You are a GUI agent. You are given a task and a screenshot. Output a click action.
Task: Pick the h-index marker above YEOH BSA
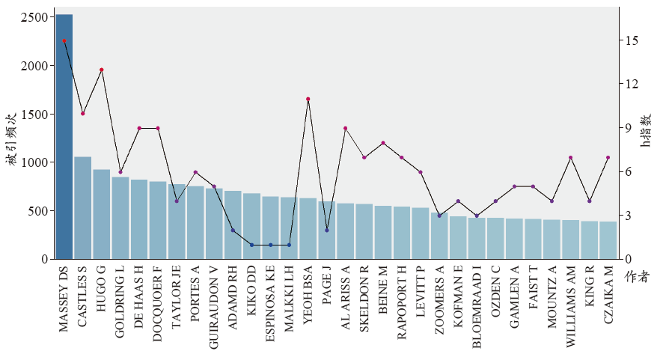(x=308, y=99)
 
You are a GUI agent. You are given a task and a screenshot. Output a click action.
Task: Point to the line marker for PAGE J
(x=327, y=230)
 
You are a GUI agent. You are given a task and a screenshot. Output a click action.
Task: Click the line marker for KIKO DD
(x=251, y=245)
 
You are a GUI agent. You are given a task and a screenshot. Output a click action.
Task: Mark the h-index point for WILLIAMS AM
(x=570, y=157)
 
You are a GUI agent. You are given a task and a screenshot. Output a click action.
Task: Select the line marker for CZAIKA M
(x=608, y=157)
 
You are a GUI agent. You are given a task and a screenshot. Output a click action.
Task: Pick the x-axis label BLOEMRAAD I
(x=477, y=308)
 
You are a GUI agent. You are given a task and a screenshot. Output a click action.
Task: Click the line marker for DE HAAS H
(x=139, y=128)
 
